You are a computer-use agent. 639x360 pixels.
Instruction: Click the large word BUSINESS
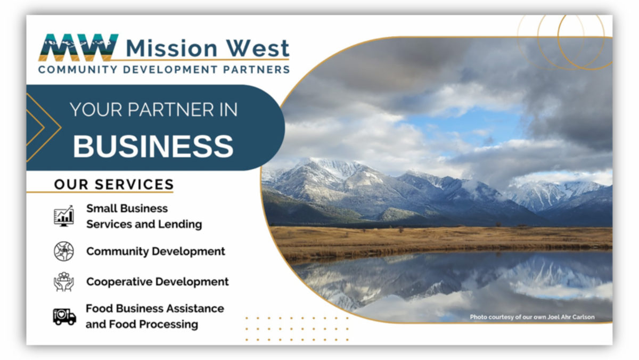coord(153,146)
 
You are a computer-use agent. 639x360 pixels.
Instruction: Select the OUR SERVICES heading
coord(114,185)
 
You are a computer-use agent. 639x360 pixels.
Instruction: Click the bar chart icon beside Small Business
coord(64,216)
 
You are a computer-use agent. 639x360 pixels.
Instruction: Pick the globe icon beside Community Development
coord(64,251)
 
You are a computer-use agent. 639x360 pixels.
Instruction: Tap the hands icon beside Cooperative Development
coord(64,282)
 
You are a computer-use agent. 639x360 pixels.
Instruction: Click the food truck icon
coord(64,316)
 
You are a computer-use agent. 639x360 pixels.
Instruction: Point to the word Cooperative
coord(117,282)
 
